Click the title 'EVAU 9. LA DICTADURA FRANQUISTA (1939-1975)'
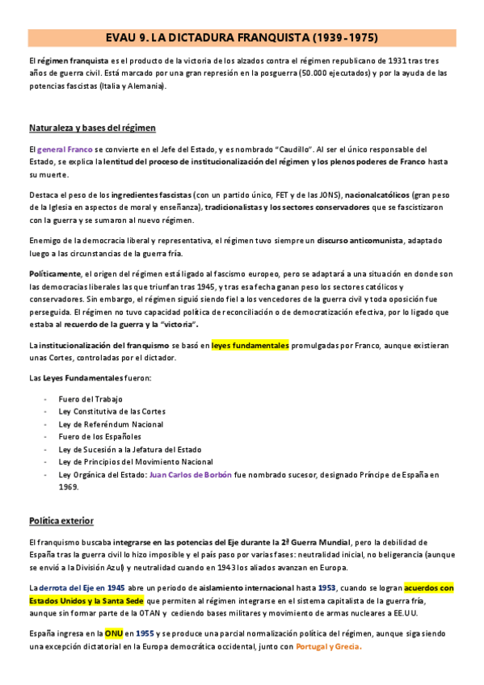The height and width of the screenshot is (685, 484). tap(242, 37)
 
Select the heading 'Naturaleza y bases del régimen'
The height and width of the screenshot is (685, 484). tap(92, 128)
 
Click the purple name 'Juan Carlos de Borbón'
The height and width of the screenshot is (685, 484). tap(190, 474)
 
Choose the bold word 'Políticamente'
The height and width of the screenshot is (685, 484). tap(55, 275)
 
